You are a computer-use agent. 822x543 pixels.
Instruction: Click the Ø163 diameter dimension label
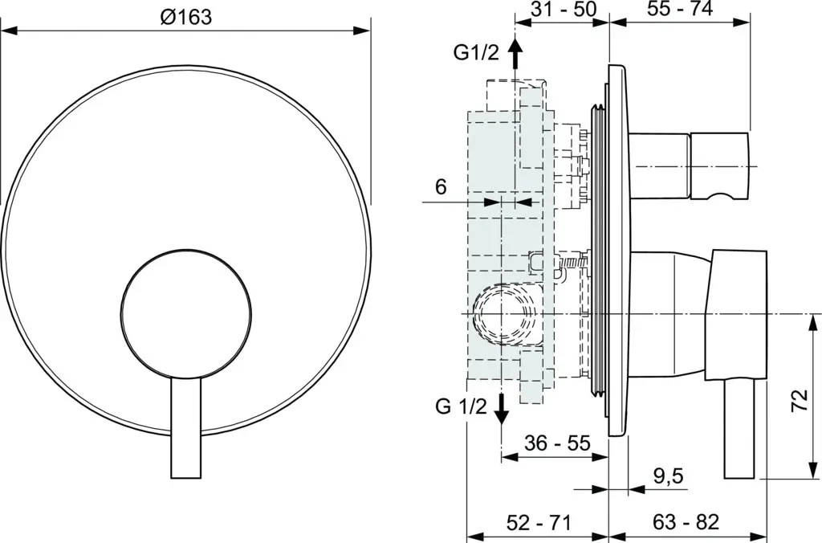[x=186, y=17]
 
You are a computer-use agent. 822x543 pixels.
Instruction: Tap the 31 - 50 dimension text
[x=563, y=9]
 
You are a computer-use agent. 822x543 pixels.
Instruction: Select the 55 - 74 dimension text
[x=680, y=9]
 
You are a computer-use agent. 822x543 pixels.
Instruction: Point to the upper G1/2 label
[x=477, y=52]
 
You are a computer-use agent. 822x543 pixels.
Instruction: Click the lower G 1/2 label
[x=462, y=406]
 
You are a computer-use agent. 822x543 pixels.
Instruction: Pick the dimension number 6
[x=441, y=186]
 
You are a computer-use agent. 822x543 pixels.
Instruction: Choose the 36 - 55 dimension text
[x=557, y=443]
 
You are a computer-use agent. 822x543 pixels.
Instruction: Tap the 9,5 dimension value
[x=669, y=476]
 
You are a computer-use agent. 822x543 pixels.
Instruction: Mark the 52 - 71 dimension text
[x=538, y=522]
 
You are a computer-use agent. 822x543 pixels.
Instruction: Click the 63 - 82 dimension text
[x=686, y=522]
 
